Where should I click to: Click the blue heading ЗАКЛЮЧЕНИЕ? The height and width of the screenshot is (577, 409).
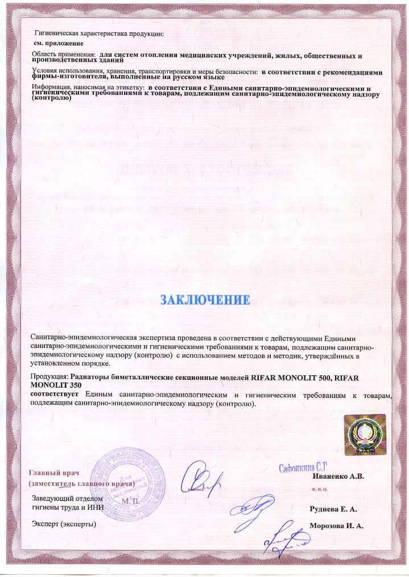point(204,299)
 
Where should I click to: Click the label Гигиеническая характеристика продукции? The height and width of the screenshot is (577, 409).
point(100,33)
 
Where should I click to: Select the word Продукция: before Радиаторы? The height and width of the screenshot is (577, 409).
point(49,376)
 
